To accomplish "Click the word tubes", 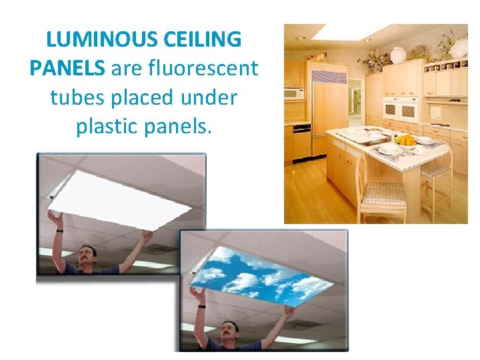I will (x=75, y=97).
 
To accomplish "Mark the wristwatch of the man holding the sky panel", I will (x=200, y=306).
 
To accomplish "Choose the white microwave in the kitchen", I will (x=293, y=93).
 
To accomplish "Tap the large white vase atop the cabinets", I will (x=398, y=55).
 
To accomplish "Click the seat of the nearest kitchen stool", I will (x=384, y=193).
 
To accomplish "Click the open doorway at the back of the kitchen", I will (x=355, y=102).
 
